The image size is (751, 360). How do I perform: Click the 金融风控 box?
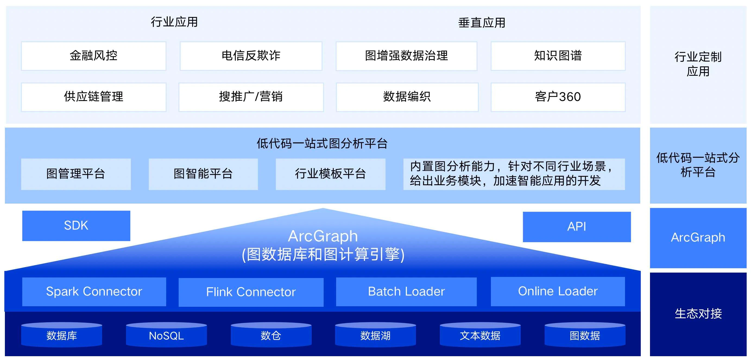[x=94, y=56]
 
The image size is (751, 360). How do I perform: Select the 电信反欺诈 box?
[x=251, y=56]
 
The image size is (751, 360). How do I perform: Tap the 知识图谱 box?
[x=558, y=56]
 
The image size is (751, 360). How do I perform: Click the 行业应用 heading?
[x=174, y=22]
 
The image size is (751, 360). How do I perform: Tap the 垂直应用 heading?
[x=482, y=23]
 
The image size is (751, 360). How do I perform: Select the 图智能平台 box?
[x=203, y=174]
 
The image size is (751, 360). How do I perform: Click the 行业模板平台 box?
[x=331, y=174]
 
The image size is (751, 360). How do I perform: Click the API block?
[x=577, y=227]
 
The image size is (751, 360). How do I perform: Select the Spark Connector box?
[x=94, y=292]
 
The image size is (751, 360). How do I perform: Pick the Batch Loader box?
[x=406, y=292]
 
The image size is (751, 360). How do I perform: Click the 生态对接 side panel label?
[x=698, y=314]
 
